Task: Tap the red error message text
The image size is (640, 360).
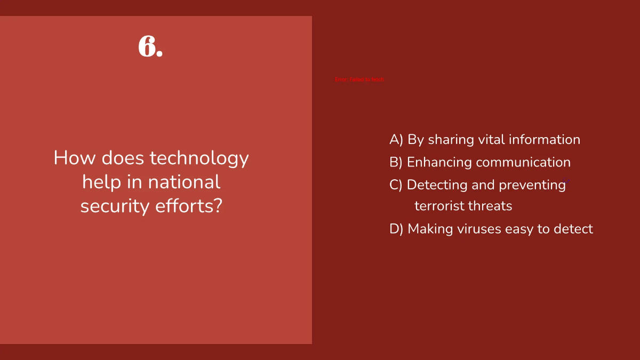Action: pos(359,79)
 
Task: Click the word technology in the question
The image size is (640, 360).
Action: pos(199,158)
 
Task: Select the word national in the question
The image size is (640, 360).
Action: pos(184,182)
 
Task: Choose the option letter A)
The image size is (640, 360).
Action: pos(396,140)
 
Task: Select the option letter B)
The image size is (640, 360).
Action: pos(396,162)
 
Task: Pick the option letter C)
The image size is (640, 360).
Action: pos(396,185)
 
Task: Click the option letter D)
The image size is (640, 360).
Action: pos(396,229)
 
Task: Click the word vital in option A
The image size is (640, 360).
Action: pos(491,140)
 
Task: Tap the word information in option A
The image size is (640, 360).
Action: pos(545,140)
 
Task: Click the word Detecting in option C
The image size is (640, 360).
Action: pos(437,185)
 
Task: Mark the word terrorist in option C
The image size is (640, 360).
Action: pos(440,206)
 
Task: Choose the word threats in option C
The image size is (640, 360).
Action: pos(491,206)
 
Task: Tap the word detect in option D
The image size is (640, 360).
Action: pos(573,229)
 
